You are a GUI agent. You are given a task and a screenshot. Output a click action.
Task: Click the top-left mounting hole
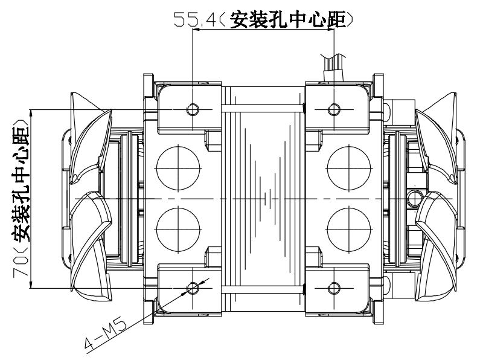click(193, 109)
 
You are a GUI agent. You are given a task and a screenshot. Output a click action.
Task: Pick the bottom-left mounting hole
click(193, 288)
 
